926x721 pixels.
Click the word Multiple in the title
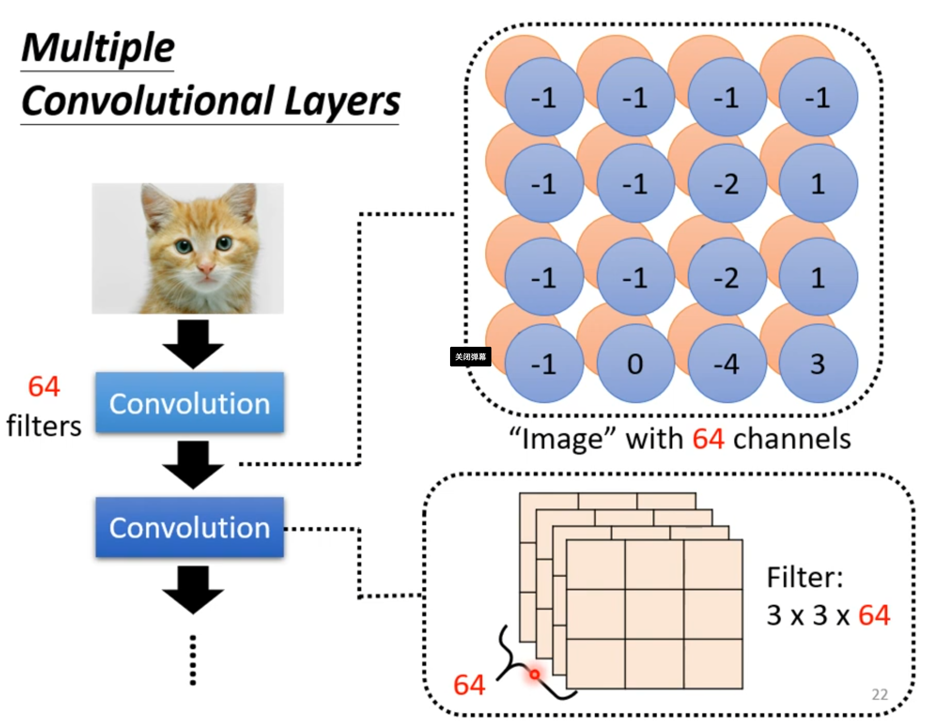98,48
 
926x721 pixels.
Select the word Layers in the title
342,101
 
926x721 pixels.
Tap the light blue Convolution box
190,403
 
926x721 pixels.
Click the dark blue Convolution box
190,528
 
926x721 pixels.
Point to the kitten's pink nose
206,268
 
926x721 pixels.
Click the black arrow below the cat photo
193,343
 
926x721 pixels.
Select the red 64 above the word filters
44,387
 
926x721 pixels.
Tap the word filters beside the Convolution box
44,426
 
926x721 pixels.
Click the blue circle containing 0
635,364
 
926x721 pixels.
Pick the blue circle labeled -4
727,364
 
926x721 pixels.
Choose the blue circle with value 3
818,364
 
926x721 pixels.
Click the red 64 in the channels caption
708,439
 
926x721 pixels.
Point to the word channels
792,439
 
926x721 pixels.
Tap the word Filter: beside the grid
805,577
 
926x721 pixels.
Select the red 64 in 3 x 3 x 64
874,615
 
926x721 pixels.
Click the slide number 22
879,694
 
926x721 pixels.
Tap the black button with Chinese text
470,357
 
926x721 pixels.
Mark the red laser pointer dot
534,674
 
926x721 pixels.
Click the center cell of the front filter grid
654,615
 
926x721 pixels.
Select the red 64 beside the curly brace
469,685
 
